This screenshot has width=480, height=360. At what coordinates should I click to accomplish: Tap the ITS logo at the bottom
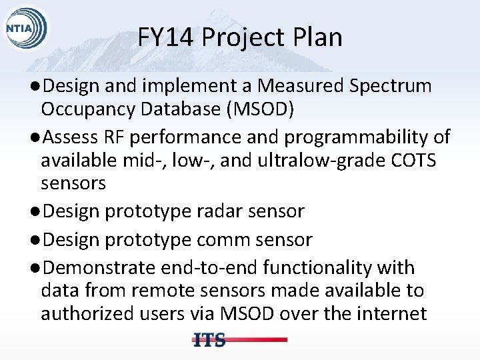click(209, 339)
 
